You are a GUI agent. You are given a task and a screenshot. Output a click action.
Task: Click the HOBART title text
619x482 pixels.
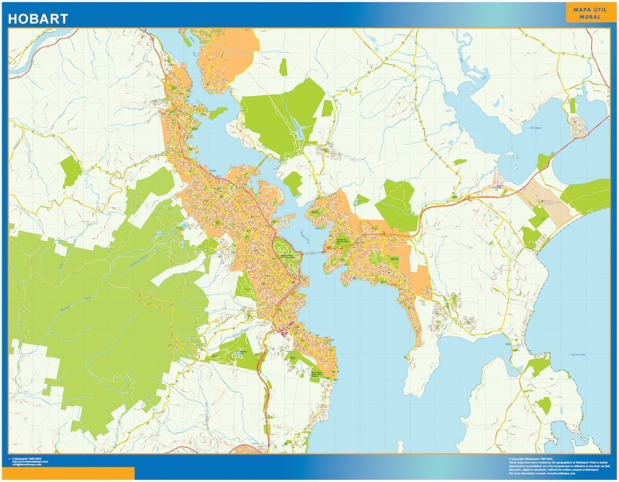click(38, 19)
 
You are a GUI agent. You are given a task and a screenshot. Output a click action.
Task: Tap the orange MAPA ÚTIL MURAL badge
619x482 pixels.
click(587, 13)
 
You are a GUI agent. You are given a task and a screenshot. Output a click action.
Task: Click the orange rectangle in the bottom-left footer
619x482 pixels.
click(70, 473)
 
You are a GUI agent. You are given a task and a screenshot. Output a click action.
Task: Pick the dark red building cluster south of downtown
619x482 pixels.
click(283, 332)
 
